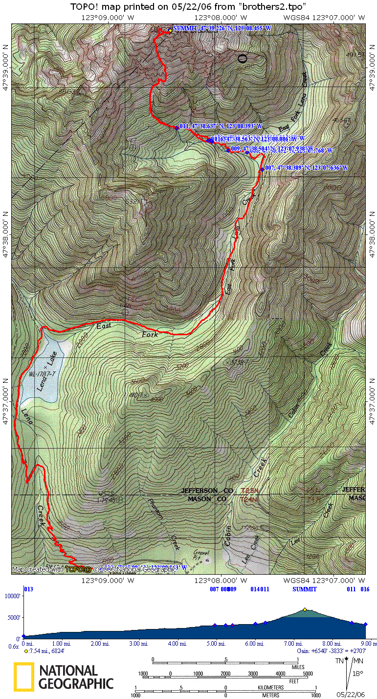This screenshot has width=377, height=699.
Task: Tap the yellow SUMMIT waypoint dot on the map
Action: [170, 30]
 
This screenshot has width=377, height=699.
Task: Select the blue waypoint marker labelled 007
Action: [262, 169]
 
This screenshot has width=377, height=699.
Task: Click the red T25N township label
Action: [249, 490]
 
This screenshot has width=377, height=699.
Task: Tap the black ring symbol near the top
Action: [242, 59]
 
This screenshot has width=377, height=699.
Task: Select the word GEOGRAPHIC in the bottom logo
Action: [76, 683]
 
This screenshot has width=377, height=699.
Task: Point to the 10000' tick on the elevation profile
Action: [13, 596]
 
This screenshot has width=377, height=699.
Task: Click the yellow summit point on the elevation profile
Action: [305, 609]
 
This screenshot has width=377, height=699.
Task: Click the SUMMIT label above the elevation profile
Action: [305, 589]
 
